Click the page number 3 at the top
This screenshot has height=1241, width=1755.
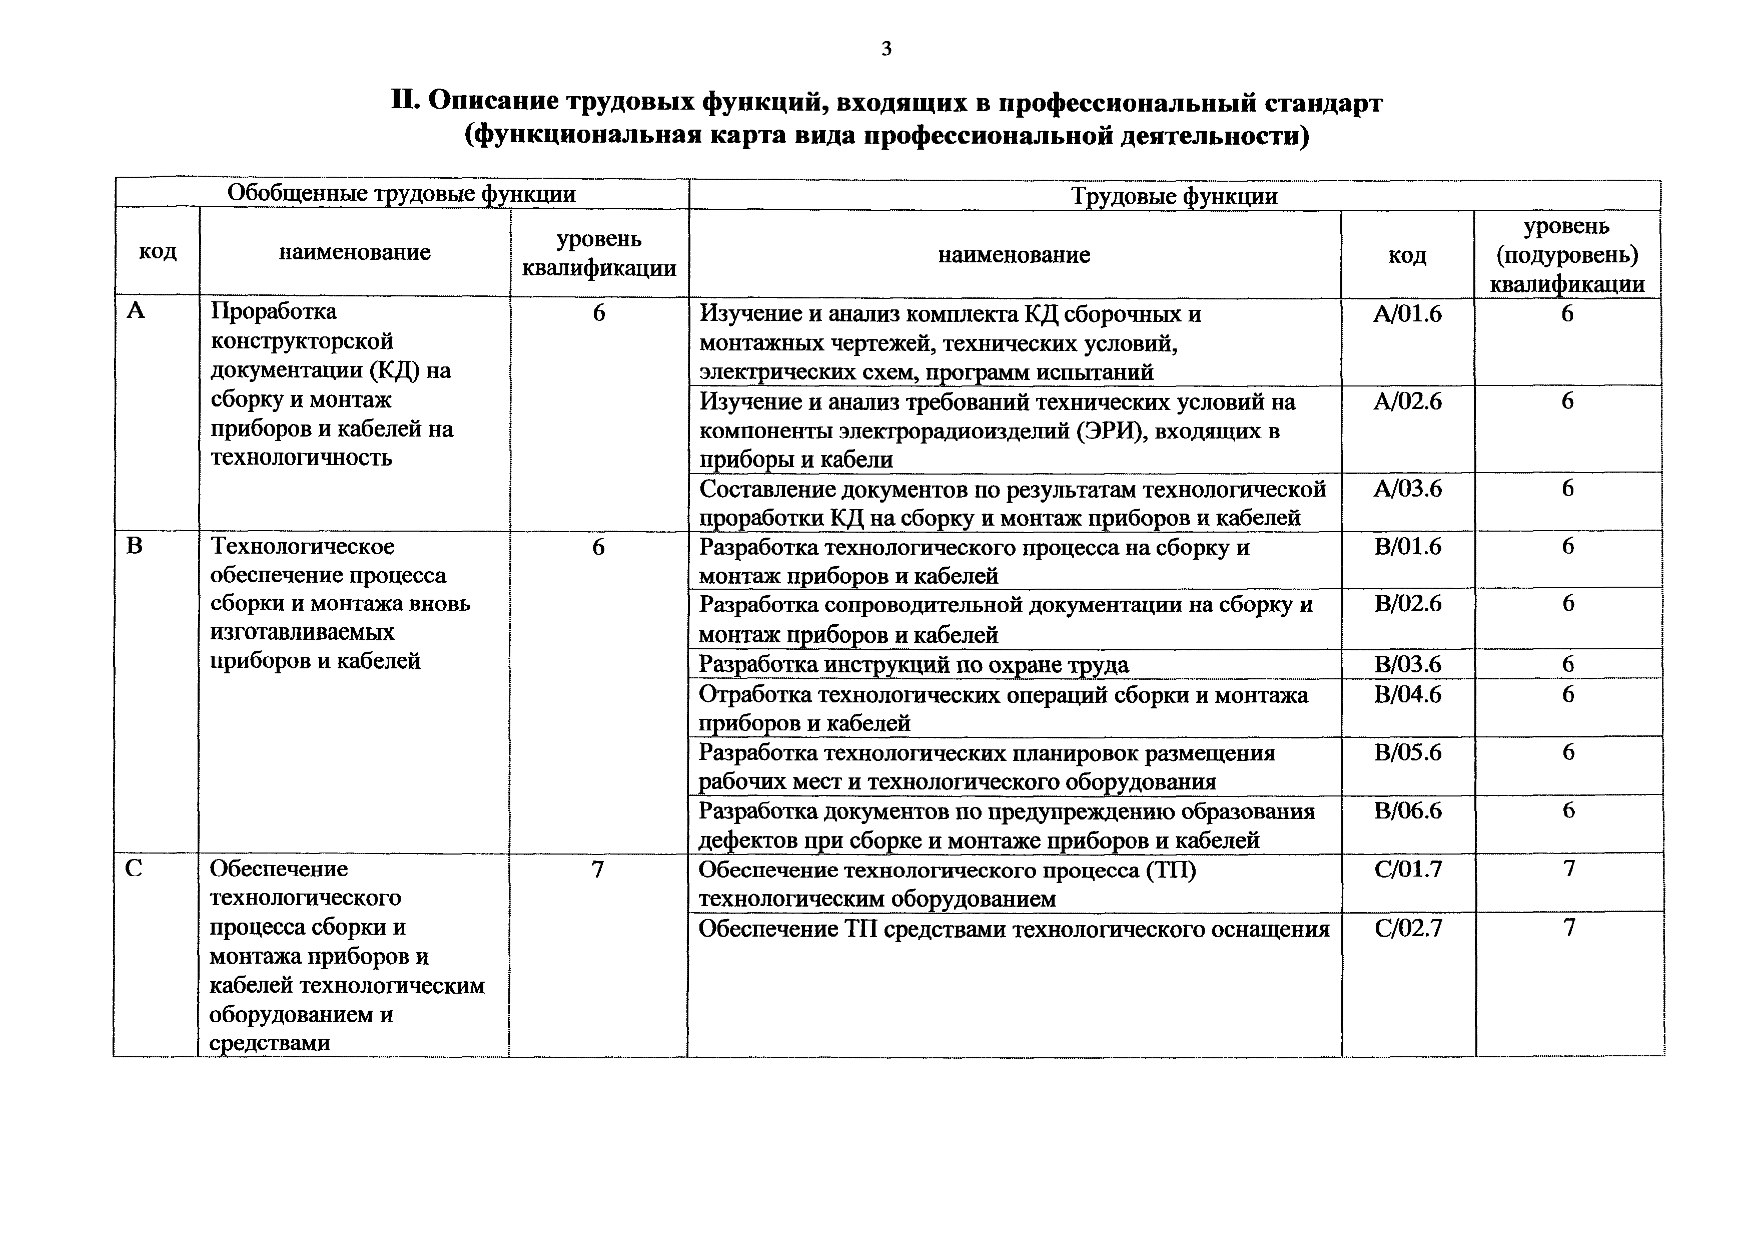point(886,49)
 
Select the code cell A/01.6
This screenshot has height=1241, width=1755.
point(1407,314)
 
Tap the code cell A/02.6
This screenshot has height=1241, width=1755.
point(1407,401)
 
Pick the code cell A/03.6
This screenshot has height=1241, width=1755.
point(1407,489)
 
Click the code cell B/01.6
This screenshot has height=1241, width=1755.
point(1407,547)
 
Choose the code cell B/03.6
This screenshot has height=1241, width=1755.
point(1407,664)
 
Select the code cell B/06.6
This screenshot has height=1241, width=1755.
point(1407,810)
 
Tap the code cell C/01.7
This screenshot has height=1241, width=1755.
point(1407,870)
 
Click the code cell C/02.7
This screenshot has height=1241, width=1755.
point(1407,928)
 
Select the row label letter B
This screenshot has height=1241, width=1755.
point(135,546)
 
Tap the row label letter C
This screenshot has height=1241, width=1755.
point(134,869)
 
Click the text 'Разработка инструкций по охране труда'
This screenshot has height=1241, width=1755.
point(914,664)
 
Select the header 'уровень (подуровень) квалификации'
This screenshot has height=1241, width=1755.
point(1567,255)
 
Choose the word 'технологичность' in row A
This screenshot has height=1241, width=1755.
point(301,458)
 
